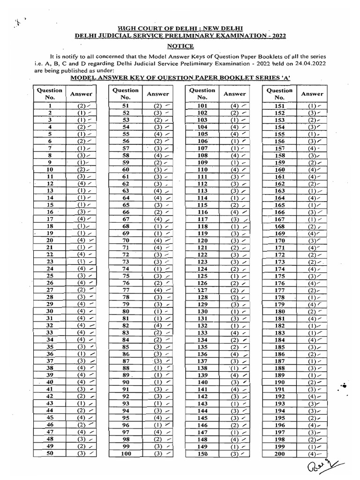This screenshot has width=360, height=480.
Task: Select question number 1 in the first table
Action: coord(49,106)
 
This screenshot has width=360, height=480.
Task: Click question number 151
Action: coord(280,106)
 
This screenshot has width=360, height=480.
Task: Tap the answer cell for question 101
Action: coord(237,106)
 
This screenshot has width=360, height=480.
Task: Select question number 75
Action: coord(125,276)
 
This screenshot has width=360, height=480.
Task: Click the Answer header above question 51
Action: coord(158,94)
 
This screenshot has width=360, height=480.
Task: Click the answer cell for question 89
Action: coord(160,375)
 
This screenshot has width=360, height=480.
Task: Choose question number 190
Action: coord(280,382)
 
